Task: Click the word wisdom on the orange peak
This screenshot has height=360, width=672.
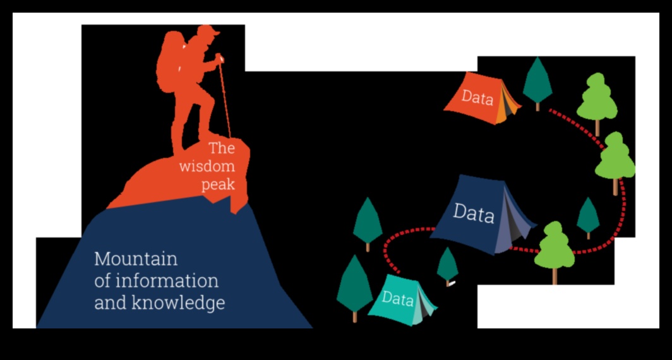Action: click(x=207, y=166)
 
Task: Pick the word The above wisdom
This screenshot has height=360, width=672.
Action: click(x=222, y=149)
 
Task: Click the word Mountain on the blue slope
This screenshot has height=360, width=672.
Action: click(x=136, y=259)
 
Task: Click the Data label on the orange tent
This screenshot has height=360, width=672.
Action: click(x=477, y=98)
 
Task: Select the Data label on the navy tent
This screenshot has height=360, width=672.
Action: click(x=473, y=213)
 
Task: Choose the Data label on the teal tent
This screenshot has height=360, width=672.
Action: click(x=398, y=298)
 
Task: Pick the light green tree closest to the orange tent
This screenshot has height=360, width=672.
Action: click(x=597, y=98)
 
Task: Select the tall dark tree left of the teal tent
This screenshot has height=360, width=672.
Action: click(x=354, y=284)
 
